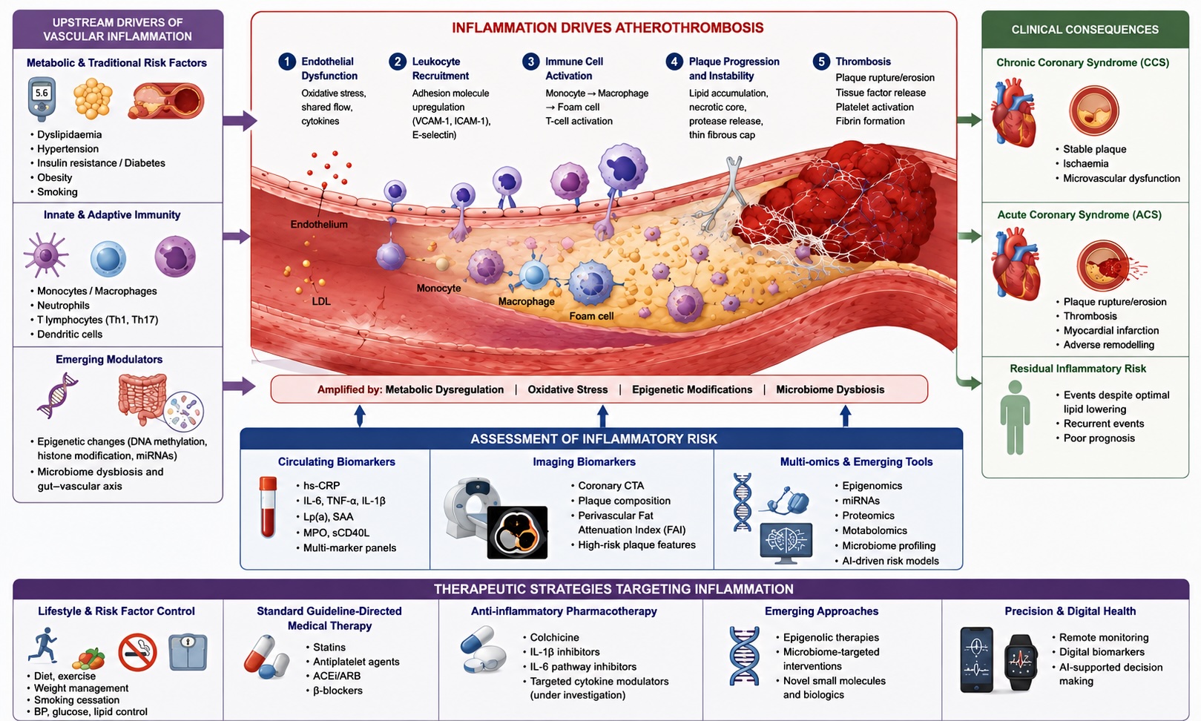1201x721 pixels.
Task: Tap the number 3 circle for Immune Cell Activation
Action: tap(531, 62)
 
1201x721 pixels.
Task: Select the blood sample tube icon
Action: tap(268, 507)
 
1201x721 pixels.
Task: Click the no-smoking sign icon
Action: tap(137, 652)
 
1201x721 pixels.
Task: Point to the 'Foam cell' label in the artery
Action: tap(591, 316)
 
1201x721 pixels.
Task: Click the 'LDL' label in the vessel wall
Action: tap(321, 301)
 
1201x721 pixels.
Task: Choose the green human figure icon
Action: tap(1015, 418)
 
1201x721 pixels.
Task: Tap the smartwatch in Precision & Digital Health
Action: tap(1020, 662)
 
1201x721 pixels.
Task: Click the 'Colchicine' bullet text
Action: tap(554, 637)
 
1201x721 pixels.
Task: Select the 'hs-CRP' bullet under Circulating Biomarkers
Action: tap(322, 486)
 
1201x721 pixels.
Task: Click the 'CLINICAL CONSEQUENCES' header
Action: tap(1085, 30)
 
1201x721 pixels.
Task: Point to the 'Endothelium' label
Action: tap(319, 225)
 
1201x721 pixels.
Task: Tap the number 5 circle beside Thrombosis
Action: tap(821, 62)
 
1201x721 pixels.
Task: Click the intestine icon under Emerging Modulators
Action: tap(142, 398)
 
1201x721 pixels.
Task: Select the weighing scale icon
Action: tap(188, 652)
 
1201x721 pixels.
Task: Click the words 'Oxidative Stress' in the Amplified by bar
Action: tap(567, 389)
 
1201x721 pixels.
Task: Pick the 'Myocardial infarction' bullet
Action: tap(1111, 331)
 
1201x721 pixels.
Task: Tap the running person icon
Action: tap(43, 645)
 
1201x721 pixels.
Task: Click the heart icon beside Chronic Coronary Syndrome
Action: tap(1013, 113)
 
